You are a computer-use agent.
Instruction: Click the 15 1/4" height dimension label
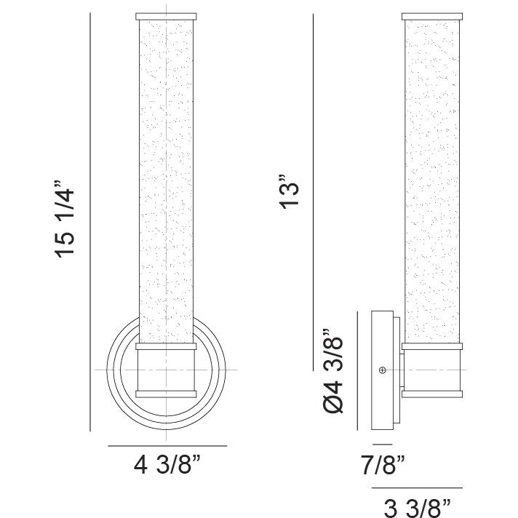click(x=65, y=219)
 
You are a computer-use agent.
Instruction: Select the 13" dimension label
click(x=290, y=191)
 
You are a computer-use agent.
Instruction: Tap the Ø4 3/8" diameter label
click(x=333, y=371)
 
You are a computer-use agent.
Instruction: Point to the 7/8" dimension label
click(x=383, y=465)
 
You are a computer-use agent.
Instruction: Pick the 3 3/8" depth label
click(x=418, y=509)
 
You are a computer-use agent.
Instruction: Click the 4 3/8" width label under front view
click(x=167, y=465)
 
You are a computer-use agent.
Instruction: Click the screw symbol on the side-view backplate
click(x=383, y=370)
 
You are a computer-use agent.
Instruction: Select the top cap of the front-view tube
click(x=166, y=17)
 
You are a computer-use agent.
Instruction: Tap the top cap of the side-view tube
click(x=432, y=17)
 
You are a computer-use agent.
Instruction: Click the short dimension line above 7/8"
click(x=382, y=445)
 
